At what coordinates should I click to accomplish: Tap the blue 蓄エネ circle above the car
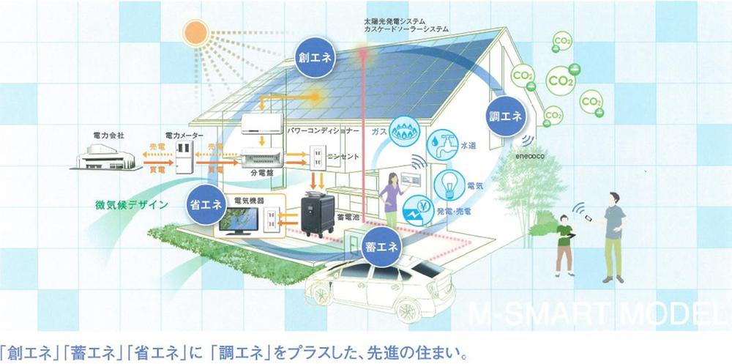[381, 247]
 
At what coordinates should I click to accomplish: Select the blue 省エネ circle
[205, 204]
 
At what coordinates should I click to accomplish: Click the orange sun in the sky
[198, 33]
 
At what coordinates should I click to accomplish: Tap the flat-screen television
[239, 222]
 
